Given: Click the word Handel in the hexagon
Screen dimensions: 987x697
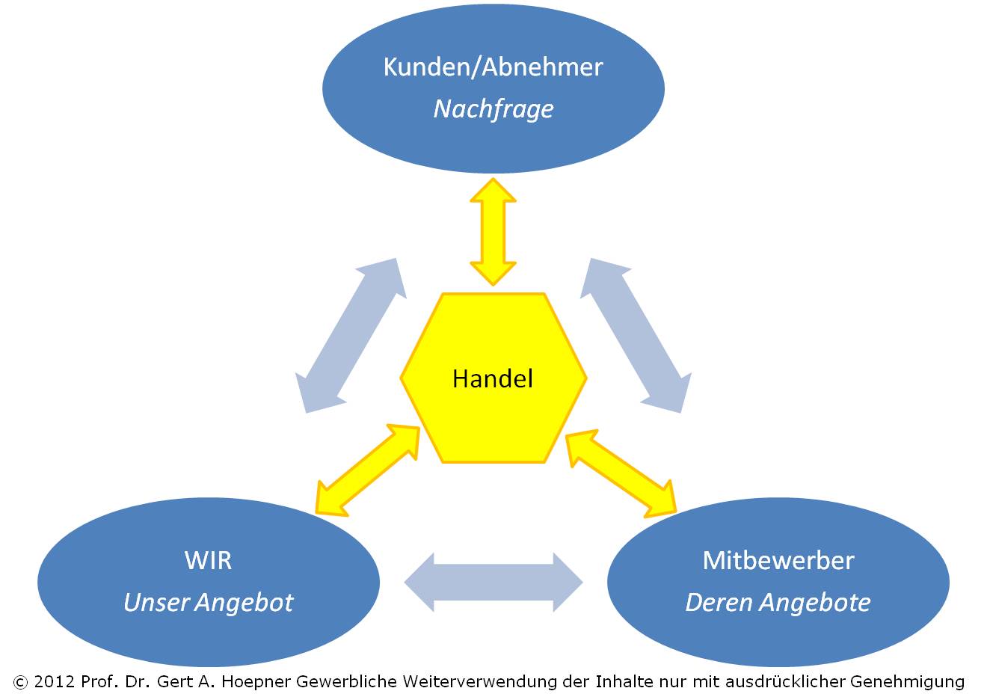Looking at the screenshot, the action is pyautogui.click(x=493, y=379).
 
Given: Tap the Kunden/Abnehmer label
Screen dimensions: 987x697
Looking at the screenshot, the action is pyautogui.click(x=493, y=67).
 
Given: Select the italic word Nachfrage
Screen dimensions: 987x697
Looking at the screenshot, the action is pyautogui.click(x=493, y=109).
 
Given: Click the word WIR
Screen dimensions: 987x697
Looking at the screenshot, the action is pyautogui.click(x=208, y=560).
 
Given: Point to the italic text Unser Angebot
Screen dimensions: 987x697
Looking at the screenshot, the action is pyautogui.click(x=209, y=602).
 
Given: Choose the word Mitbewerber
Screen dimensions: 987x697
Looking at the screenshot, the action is pyautogui.click(x=778, y=560).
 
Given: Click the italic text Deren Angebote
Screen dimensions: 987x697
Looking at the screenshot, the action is pyautogui.click(x=778, y=602).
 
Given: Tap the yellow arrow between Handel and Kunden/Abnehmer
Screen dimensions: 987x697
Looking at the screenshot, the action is pyautogui.click(x=493, y=232).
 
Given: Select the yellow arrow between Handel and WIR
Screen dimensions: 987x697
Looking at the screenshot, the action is pyautogui.click(x=367, y=470).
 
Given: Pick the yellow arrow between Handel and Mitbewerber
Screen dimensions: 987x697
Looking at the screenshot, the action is pyautogui.click(x=621, y=473).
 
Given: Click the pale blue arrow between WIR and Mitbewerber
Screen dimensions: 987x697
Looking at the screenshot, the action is pyautogui.click(x=493, y=582).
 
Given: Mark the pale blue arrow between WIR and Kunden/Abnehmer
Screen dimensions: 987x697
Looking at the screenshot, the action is pyautogui.click(x=351, y=335).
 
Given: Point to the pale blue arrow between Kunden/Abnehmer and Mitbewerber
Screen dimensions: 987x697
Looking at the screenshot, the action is pyautogui.click(x=636, y=335).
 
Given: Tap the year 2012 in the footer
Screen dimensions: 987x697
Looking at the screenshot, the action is pyautogui.click(x=54, y=681).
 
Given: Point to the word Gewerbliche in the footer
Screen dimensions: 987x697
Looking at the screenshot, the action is pyautogui.click(x=346, y=681).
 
